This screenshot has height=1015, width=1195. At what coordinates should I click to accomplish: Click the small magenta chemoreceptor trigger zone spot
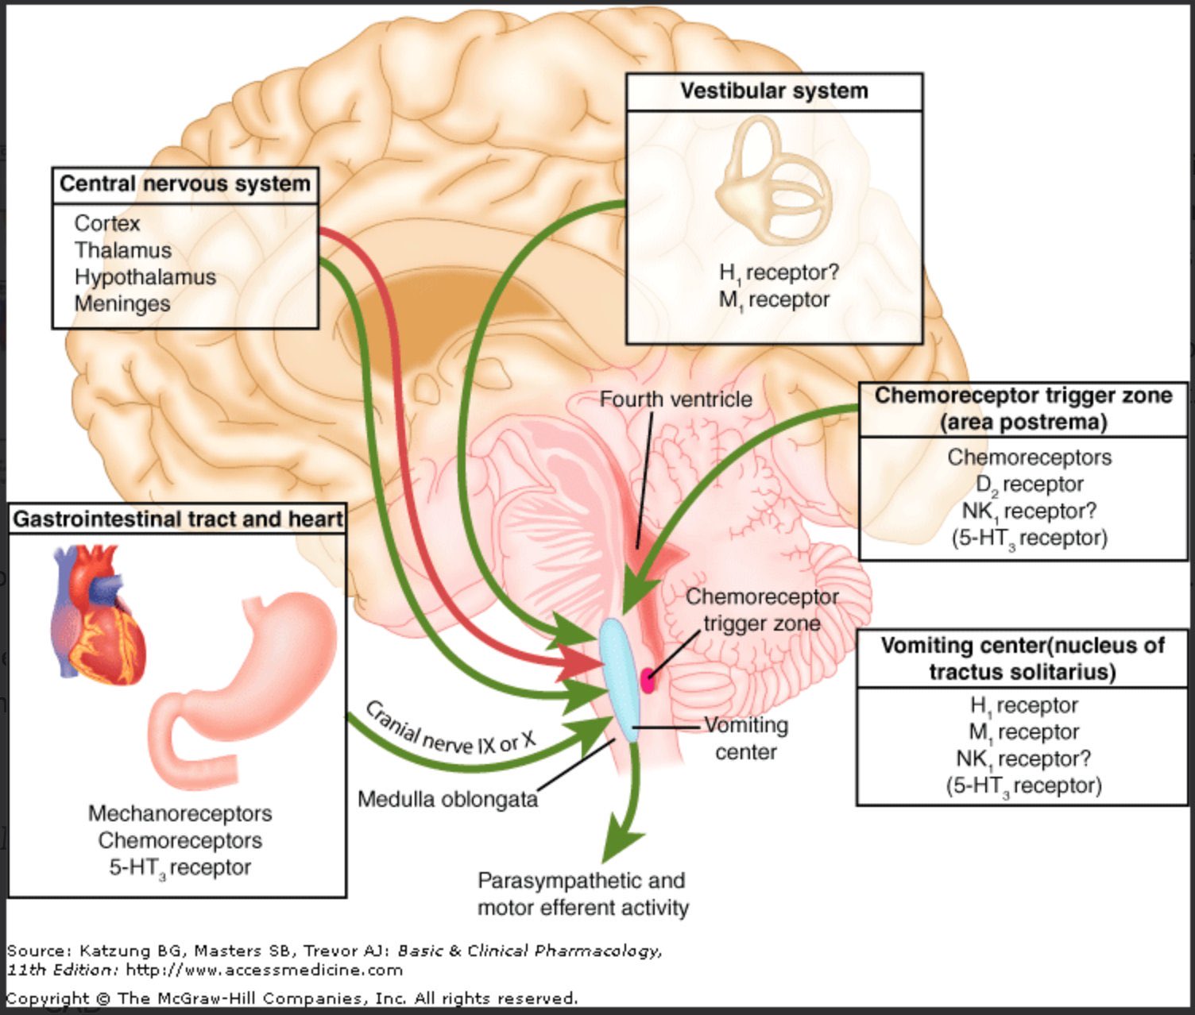tap(648, 681)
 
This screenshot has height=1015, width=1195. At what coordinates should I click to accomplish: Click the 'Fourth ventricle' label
tap(676, 399)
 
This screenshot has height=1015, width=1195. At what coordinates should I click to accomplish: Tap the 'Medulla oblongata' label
tap(448, 800)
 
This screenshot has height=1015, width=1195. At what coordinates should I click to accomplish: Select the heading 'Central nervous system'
tap(185, 183)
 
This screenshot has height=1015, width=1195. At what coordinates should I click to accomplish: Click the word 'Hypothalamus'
tap(145, 277)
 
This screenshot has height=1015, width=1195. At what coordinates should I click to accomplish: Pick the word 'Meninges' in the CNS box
tap(122, 303)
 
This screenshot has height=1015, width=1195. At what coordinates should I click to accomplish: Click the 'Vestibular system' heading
tap(774, 91)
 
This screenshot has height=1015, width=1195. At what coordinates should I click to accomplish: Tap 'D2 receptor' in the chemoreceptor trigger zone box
tap(1030, 484)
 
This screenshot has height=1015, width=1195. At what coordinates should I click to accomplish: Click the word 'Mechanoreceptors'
tap(180, 813)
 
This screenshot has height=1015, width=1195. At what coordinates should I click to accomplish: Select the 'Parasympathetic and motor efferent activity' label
tap(582, 894)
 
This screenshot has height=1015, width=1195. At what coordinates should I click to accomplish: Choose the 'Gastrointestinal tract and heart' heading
tap(177, 519)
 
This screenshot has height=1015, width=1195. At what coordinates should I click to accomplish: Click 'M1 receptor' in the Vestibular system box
tap(774, 300)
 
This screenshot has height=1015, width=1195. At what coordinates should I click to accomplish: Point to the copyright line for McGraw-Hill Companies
tap(292, 998)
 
